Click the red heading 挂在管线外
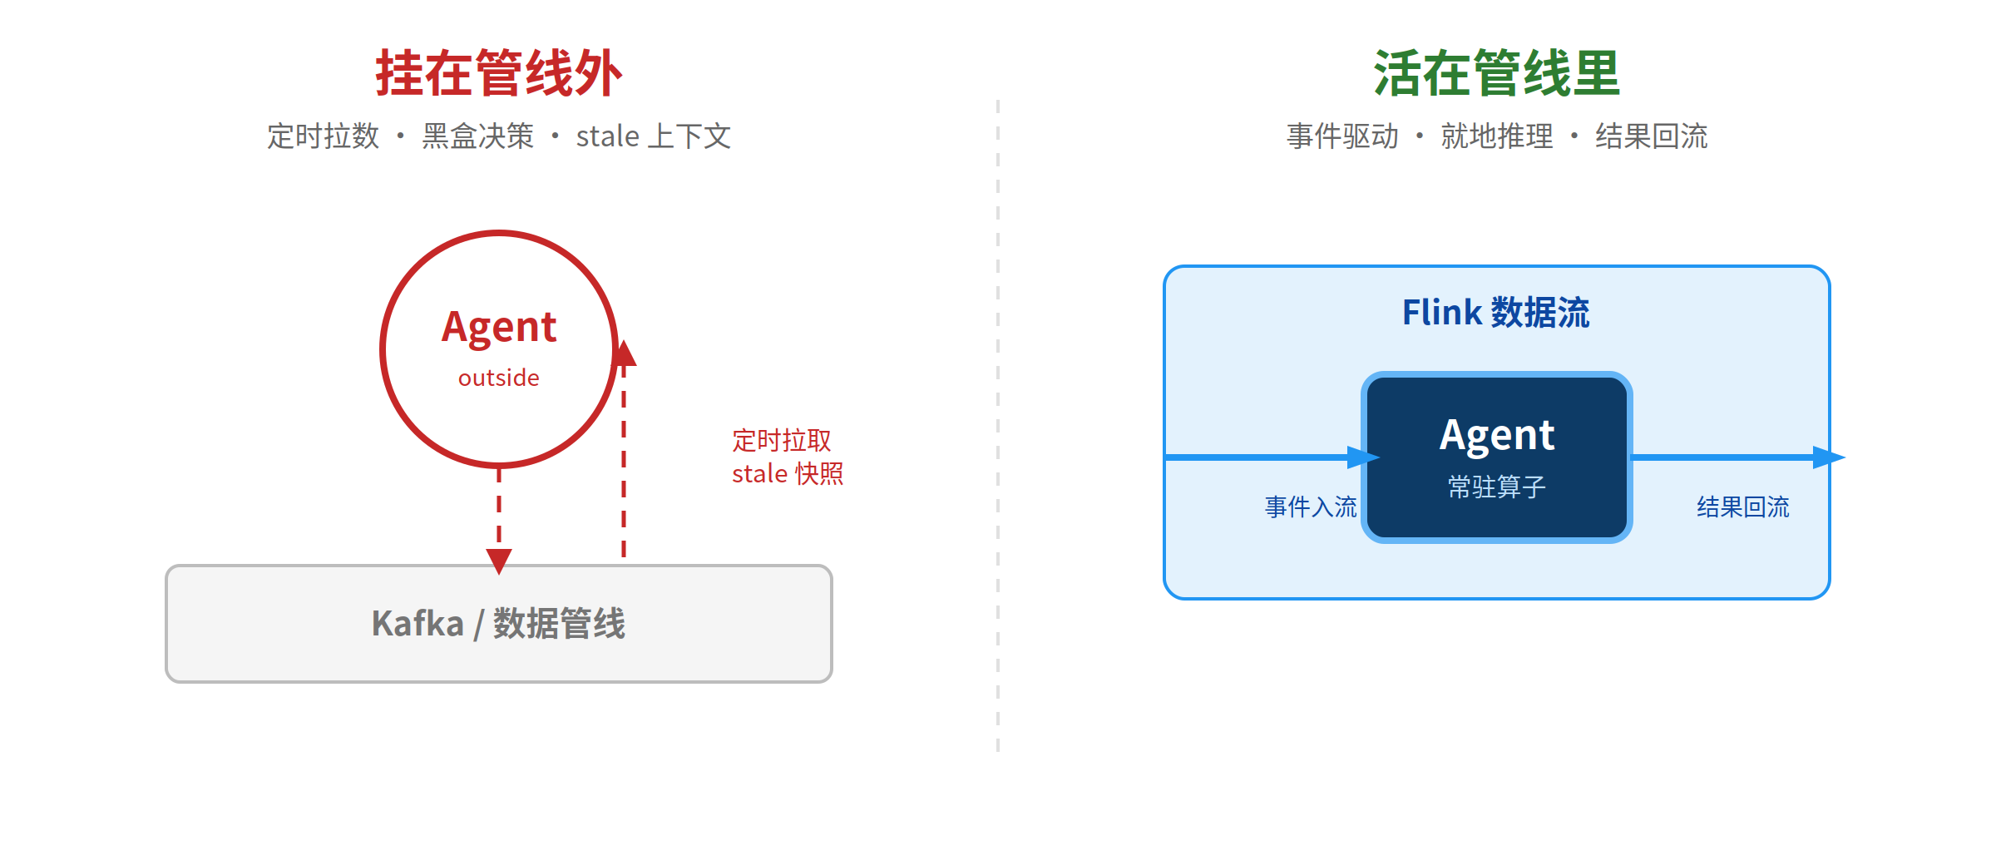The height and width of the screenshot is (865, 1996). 499,73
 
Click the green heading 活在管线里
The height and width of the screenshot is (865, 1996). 1497,73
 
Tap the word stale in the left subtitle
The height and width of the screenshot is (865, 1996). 608,136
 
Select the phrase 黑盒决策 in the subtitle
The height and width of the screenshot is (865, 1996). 478,136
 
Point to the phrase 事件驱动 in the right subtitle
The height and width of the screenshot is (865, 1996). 1342,136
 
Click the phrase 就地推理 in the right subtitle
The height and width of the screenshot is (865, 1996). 1497,136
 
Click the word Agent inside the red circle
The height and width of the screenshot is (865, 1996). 499,328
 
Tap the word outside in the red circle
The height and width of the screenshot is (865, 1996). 499,378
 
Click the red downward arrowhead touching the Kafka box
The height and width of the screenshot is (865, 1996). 499,561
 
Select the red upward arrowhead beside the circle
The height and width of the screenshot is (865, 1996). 624,353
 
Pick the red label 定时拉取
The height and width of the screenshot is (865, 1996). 782,440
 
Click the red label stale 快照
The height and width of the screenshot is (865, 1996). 788,473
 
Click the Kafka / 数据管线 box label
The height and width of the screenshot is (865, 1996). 499,624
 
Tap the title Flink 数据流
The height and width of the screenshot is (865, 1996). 1496,313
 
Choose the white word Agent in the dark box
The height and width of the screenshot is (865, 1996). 1497,436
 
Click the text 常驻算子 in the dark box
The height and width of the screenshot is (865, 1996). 1497,487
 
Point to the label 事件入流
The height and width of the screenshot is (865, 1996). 1311,507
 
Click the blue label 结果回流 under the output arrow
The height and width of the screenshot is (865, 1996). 1743,507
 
